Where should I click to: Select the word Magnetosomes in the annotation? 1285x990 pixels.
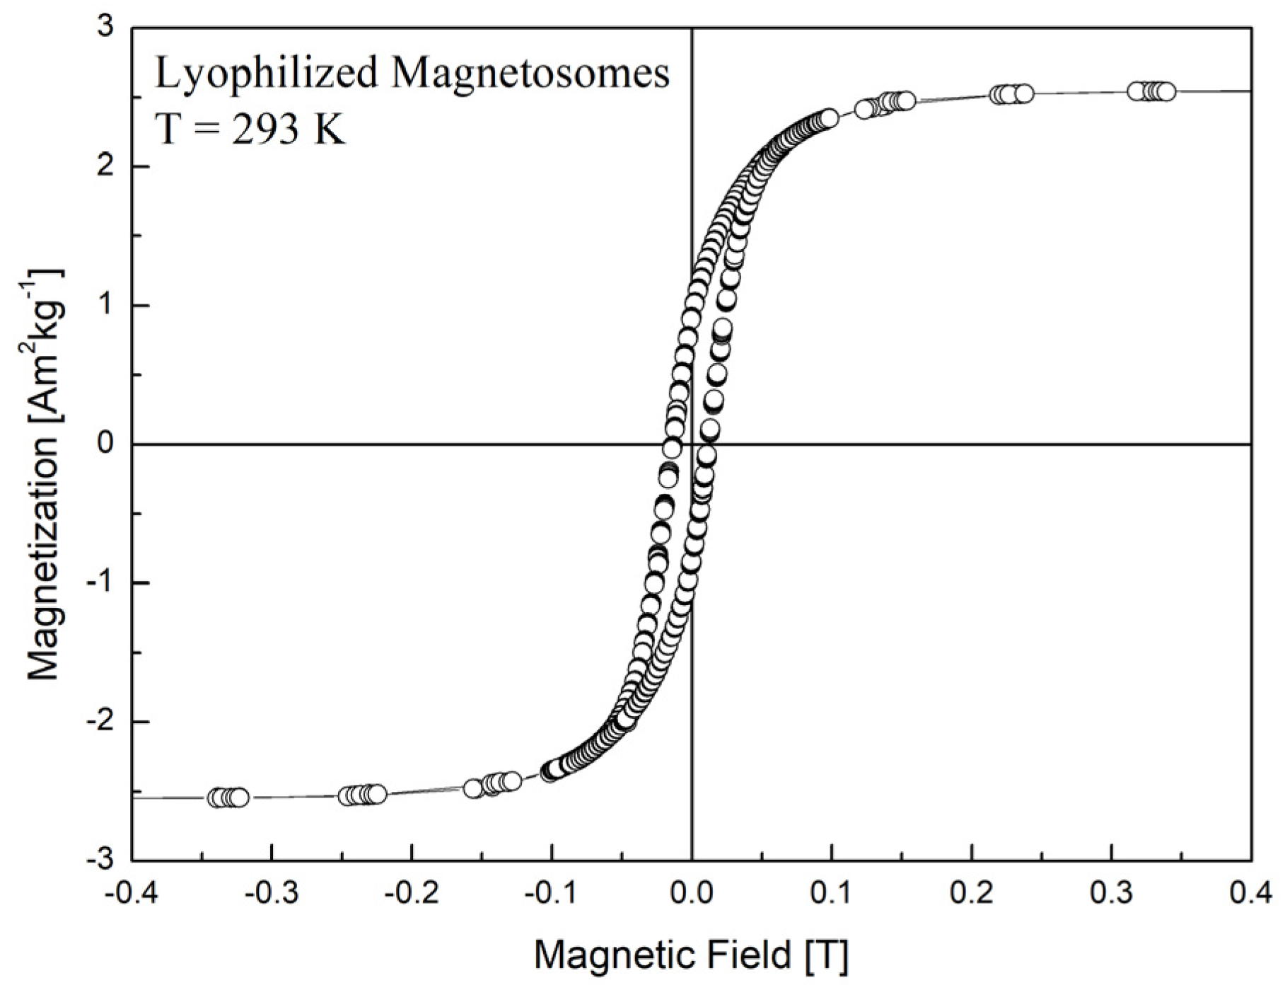click(x=530, y=74)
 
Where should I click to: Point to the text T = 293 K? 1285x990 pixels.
click(x=250, y=129)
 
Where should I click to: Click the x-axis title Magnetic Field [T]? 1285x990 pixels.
click(x=690, y=955)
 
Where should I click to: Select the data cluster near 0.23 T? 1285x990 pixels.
click(x=1011, y=94)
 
